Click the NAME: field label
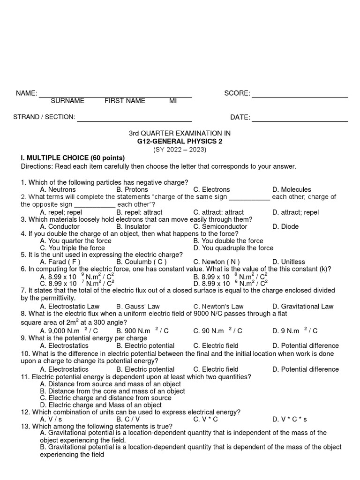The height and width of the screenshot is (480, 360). (27, 93)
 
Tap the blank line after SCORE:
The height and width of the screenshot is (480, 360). (300, 96)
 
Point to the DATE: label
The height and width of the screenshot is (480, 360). (240, 117)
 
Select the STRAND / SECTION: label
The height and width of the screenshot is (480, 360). (44, 117)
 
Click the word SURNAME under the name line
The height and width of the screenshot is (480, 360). (67, 101)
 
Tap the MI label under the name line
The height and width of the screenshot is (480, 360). (173, 101)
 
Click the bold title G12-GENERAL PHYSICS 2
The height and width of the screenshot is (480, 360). (180, 141)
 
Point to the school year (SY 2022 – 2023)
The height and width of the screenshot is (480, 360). (180, 150)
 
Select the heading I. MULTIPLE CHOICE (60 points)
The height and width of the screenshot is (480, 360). (73, 157)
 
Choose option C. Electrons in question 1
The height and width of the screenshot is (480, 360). (211, 189)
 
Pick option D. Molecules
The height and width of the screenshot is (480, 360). (291, 189)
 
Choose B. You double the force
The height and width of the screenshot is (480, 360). (228, 241)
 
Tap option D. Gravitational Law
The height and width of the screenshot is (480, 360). (303, 306)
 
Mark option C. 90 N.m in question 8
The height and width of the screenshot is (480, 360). (217, 331)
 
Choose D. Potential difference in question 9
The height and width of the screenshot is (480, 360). (305, 345)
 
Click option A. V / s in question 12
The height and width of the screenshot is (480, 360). (51, 419)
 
